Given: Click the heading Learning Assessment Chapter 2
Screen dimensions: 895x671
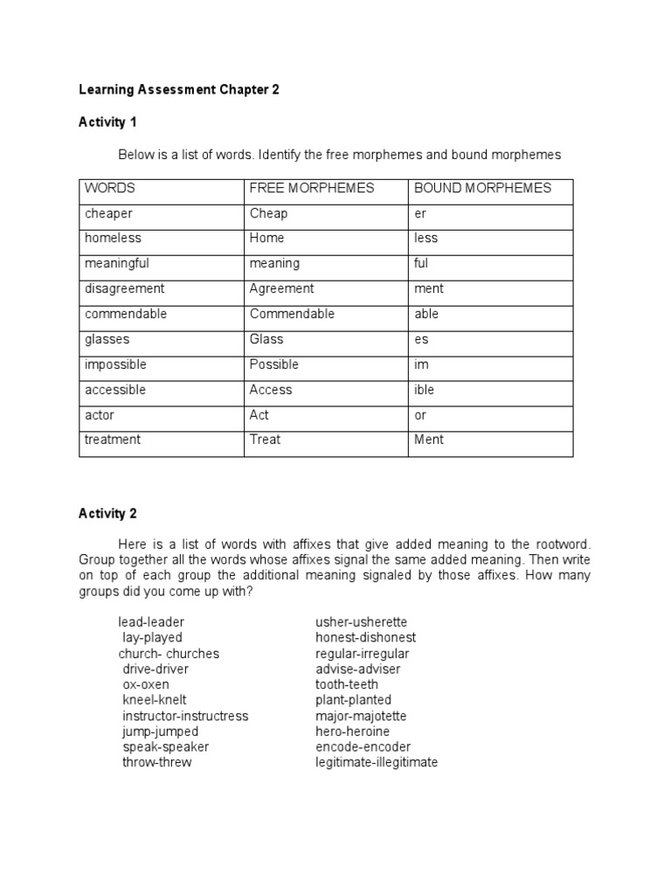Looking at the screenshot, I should [x=179, y=90].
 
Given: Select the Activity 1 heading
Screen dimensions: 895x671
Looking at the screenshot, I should [x=107, y=121].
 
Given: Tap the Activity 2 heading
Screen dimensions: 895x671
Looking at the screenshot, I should [x=107, y=513].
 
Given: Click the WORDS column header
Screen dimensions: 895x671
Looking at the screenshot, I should [x=110, y=188].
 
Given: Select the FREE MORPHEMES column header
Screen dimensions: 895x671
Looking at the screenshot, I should [x=312, y=188].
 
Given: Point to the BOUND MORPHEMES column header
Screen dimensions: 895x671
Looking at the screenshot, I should [x=482, y=188].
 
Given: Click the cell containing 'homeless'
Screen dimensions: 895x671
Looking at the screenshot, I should [x=113, y=238].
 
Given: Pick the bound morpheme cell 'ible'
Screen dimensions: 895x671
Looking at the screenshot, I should [x=424, y=390].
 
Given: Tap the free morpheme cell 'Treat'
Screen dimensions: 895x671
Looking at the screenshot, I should [x=265, y=440].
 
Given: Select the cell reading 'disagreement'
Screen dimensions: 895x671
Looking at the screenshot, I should [x=124, y=288].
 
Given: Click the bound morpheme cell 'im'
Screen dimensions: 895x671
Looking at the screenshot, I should [x=421, y=364].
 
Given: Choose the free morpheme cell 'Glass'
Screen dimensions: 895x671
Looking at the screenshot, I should [x=266, y=339].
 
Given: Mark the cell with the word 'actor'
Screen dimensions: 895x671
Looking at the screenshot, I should [x=100, y=415].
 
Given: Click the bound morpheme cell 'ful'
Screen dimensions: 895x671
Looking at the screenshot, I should [x=422, y=263].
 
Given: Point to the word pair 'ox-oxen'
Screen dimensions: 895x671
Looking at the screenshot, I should [x=146, y=684].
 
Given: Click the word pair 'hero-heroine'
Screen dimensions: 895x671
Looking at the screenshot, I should [x=353, y=731].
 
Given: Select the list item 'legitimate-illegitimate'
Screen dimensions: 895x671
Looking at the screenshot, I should [x=377, y=762].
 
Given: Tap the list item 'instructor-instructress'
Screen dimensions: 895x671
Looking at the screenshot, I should [x=185, y=716].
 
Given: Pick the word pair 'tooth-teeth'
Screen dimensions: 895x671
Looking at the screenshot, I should [x=347, y=684].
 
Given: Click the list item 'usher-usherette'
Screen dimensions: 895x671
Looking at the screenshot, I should [x=361, y=622].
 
